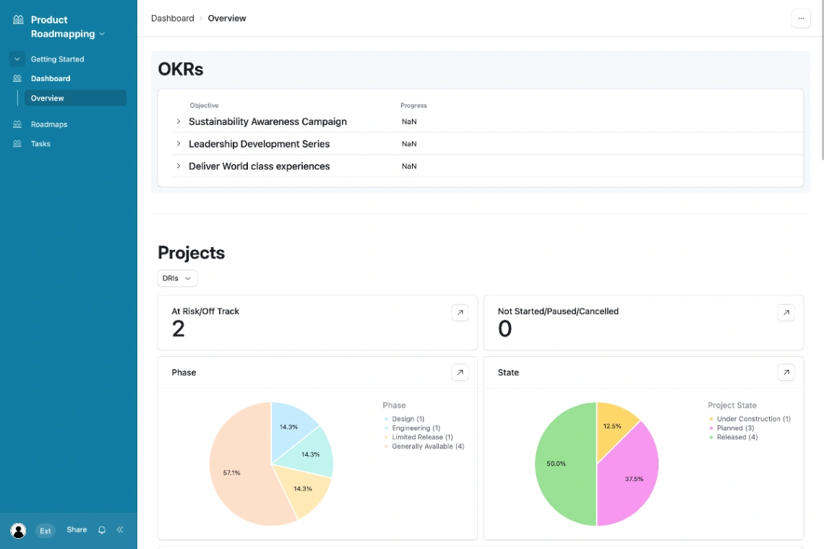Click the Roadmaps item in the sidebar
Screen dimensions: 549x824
[48, 124]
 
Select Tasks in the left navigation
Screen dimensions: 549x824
[40, 144]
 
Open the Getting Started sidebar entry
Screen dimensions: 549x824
[57, 59]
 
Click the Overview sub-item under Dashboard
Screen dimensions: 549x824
[48, 98]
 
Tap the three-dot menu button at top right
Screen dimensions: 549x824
[801, 19]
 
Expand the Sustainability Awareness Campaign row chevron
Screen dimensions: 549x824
[179, 121]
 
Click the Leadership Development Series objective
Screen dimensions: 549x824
[259, 144]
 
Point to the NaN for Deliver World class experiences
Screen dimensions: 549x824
[409, 166]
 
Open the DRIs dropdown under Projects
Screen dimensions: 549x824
[177, 278]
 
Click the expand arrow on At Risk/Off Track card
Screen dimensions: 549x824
[460, 312]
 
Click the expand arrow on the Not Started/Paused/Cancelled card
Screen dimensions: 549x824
[786, 312]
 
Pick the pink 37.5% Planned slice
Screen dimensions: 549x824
[629, 477]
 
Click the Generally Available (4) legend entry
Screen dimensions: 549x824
[427, 446]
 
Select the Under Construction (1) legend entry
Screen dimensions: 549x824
[752, 419]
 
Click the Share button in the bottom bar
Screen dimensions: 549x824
[77, 529]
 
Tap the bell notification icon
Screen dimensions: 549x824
[102, 530]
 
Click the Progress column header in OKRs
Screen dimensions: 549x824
[413, 105]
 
